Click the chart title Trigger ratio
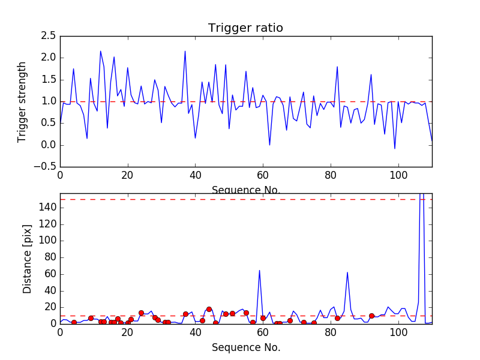pos(245,28)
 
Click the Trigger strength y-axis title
pos(22,101)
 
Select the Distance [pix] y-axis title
pos(27,259)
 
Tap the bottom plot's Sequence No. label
pos(245,347)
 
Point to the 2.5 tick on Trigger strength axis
pos(49,36)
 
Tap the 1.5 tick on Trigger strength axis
pos(49,80)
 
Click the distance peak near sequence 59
pos(259,270)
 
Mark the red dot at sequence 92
pos(371,316)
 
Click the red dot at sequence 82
pos(337,318)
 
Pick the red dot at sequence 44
pos(209,309)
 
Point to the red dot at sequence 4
pos(74,322)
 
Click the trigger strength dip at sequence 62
pos(269,145)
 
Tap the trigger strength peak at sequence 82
pos(337,67)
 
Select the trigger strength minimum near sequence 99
pos(395,148)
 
